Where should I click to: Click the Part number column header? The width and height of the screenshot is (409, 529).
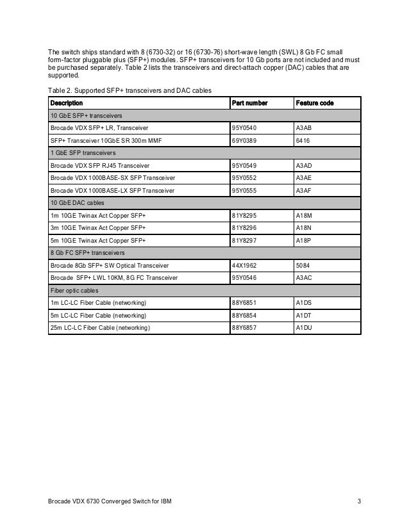(249, 103)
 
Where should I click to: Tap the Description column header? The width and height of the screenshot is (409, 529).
(66, 103)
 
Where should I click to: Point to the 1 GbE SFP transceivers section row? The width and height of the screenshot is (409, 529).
(83, 153)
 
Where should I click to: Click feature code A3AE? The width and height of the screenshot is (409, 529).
(303, 177)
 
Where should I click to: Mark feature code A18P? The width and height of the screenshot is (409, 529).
(303, 240)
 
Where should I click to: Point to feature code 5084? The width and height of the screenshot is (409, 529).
(301, 265)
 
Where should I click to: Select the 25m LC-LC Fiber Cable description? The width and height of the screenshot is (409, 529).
(99, 328)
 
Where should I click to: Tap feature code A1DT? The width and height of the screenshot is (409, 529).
(303, 315)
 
